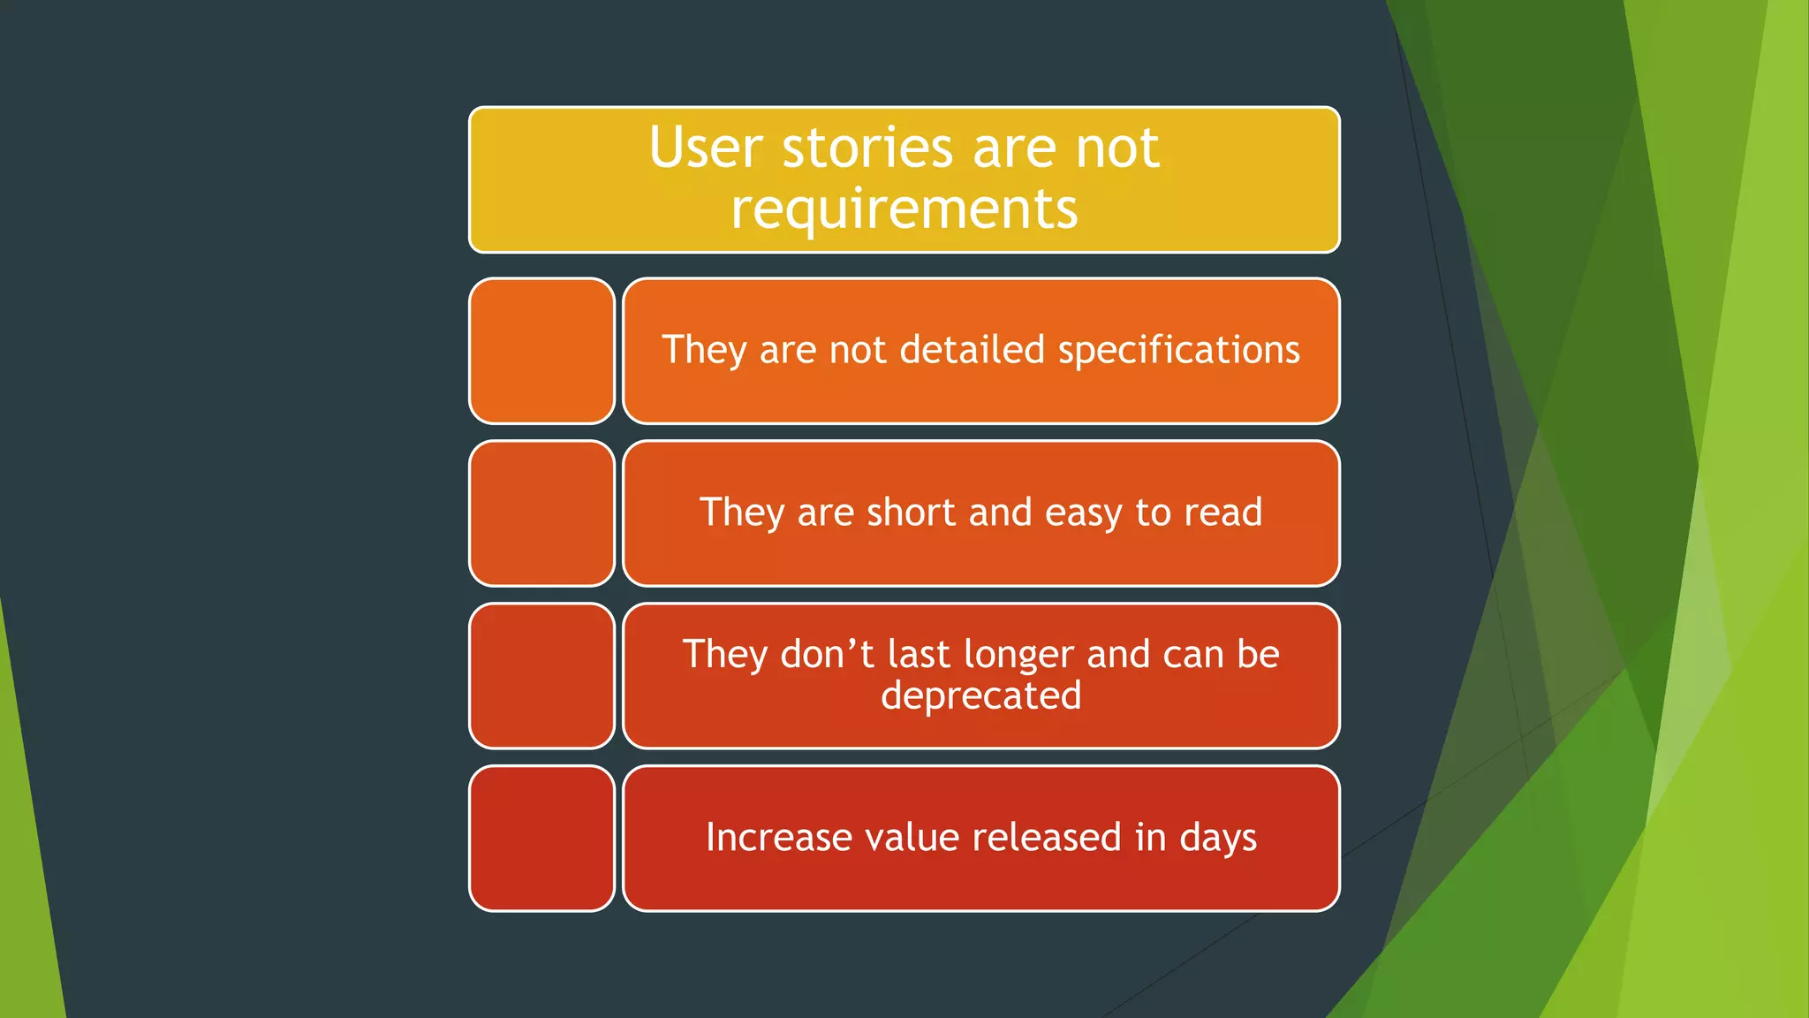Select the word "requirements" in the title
click(x=904, y=209)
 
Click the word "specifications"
click(x=1178, y=351)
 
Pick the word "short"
click(x=911, y=513)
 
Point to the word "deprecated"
click(x=980, y=696)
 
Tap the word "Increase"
click(x=778, y=837)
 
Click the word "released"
click(x=1047, y=837)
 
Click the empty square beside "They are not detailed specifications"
click(x=541, y=351)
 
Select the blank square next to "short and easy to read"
click(x=541, y=513)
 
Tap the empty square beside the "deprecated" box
click(x=541, y=676)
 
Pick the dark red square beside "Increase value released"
click(x=541, y=839)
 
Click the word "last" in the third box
click(x=919, y=655)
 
